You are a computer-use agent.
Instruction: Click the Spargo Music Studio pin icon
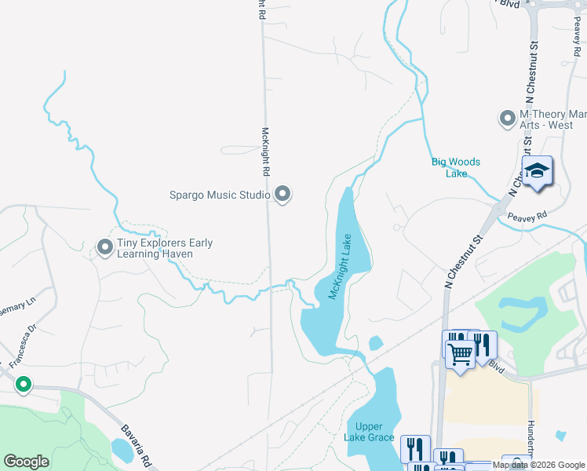pos(283,193)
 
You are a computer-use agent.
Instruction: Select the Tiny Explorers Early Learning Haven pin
pos(104,248)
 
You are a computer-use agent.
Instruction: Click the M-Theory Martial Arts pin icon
pos(507,119)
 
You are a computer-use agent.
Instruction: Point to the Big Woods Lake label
pos(455,167)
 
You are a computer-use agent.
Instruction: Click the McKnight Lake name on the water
pos(339,267)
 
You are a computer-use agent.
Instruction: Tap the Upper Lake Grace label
pos(369,432)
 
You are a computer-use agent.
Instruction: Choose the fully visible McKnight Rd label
pos(265,152)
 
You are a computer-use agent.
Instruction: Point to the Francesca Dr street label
pos(23,346)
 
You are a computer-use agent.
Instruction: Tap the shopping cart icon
pos(460,352)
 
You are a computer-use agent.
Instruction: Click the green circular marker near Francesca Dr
pos(24,385)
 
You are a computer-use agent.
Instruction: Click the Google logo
pos(26,462)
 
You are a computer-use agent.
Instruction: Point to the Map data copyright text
pos(538,465)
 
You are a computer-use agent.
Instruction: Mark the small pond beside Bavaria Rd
pos(122,449)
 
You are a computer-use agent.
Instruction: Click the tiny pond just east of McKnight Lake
pos(375,343)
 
